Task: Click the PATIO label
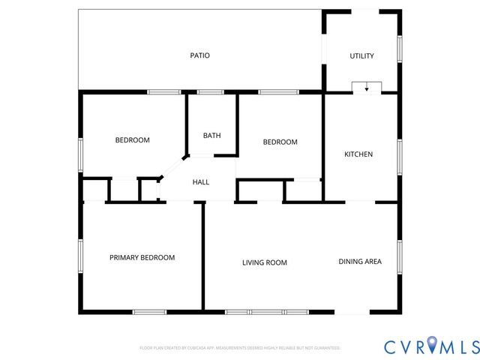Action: pos(199,55)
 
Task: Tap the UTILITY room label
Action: pos(361,56)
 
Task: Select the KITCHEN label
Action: pos(358,154)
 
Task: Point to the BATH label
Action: pos(211,136)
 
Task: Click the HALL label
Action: pos(201,182)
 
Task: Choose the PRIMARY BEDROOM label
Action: pos(142,258)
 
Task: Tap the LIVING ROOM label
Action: pos(265,262)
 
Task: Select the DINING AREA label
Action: pos(360,262)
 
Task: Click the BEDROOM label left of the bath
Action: pos(132,140)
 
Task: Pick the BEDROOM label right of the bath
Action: pos(280,142)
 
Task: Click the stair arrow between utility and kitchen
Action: pos(367,88)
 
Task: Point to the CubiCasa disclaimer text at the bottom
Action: pos(240,348)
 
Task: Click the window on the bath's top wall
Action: pos(211,92)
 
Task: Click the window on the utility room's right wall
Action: pos(400,49)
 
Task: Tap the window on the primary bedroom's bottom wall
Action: pos(149,312)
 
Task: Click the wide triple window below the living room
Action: pos(266,312)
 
